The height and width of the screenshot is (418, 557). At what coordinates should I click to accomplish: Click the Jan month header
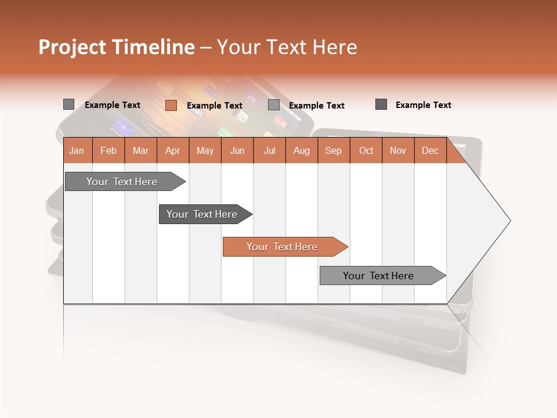(77, 151)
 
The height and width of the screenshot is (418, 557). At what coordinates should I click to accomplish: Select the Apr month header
(172, 151)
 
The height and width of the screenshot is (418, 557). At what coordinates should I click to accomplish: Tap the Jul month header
(269, 151)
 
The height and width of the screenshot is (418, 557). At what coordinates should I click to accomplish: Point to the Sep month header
(333, 151)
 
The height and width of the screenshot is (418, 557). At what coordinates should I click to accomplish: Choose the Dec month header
(430, 151)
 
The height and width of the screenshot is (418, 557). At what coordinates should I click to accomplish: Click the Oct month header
(366, 151)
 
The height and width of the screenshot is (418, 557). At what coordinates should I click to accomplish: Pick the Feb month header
(108, 151)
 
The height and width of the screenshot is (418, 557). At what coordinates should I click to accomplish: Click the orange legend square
(171, 105)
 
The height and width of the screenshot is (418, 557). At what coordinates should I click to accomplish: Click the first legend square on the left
(68, 105)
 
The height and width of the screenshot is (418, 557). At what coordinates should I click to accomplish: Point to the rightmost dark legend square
(381, 105)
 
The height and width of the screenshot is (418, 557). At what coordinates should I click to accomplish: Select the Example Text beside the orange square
(215, 106)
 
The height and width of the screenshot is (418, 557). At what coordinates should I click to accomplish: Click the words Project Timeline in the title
(116, 47)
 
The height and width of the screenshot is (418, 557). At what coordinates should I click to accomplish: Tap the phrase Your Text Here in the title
(287, 47)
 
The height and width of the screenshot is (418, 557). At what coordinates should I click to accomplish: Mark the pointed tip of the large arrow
(509, 221)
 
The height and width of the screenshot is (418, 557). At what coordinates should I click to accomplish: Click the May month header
(205, 151)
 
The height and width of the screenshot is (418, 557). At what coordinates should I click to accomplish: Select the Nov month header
(398, 151)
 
